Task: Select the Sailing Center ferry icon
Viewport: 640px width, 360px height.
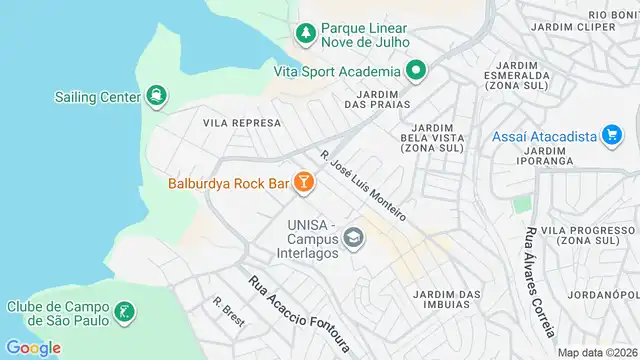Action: tap(156, 96)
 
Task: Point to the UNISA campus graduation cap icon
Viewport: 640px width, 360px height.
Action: tap(352, 238)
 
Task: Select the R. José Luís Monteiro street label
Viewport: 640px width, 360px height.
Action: tap(363, 186)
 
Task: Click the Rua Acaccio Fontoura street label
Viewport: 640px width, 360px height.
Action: tap(299, 314)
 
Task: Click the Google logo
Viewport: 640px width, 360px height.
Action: tap(33, 347)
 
